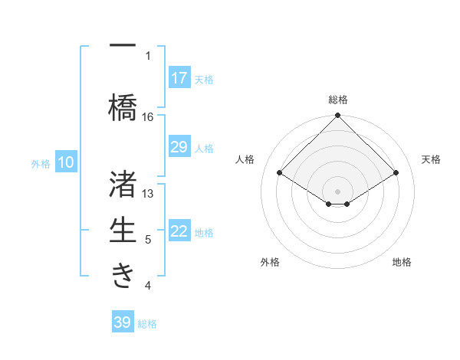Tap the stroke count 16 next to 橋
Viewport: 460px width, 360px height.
148,116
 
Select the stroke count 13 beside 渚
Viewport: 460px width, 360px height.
148,193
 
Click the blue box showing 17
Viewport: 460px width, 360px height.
179,78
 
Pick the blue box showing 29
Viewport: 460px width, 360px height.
179,147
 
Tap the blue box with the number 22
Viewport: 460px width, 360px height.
179,231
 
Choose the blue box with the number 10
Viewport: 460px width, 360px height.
66,162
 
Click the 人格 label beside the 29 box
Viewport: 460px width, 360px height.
204,148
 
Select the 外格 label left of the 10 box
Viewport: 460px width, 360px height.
40,163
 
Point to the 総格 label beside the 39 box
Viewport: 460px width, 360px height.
147,323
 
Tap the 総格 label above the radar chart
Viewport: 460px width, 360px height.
337,100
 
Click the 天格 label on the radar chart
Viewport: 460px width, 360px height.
432,159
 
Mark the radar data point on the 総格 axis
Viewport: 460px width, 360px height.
337,116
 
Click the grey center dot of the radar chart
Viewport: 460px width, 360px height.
337,190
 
